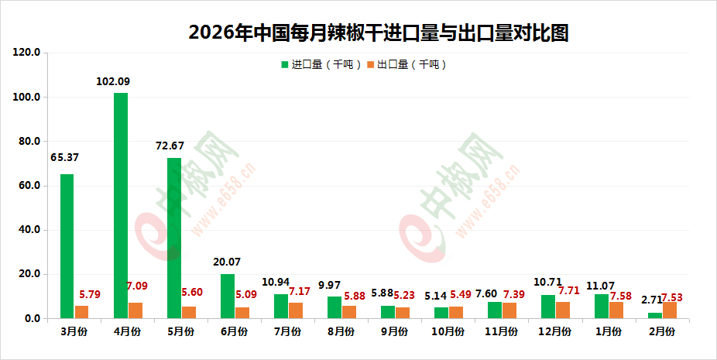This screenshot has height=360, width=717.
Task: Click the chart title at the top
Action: tap(379, 33)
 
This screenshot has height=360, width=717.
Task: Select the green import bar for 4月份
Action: tap(121, 205)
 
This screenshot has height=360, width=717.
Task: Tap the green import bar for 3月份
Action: tap(67, 246)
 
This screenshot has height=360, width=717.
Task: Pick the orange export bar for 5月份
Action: tap(189, 312)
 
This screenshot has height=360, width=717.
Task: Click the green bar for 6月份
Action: tap(228, 296)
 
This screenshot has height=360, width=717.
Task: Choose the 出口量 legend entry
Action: tap(407, 65)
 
